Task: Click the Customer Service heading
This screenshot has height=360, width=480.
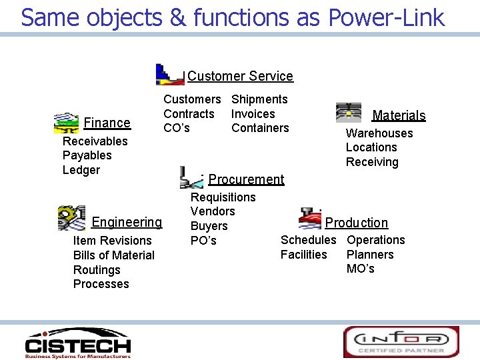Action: (x=240, y=76)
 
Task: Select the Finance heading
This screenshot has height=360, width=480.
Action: (x=107, y=123)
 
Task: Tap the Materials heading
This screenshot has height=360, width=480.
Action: (x=399, y=115)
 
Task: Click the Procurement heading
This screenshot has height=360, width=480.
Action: (x=246, y=179)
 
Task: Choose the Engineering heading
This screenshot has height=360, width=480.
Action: (x=127, y=222)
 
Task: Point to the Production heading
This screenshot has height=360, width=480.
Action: (x=356, y=223)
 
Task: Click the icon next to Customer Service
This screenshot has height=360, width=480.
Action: (x=169, y=74)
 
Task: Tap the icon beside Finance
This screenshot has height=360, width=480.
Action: (x=65, y=123)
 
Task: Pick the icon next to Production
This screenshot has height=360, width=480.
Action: (x=310, y=218)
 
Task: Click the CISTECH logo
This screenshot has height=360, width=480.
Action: (x=77, y=343)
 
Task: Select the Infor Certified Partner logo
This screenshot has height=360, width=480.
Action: (x=401, y=341)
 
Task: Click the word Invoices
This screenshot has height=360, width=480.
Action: (x=253, y=114)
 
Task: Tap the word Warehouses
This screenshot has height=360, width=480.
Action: (x=379, y=133)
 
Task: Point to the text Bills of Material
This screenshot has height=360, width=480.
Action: (x=113, y=255)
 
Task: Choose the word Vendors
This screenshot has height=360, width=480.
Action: (x=213, y=211)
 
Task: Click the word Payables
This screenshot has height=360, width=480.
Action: (x=87, y=155)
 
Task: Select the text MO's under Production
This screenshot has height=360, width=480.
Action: (x=360, y=269)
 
